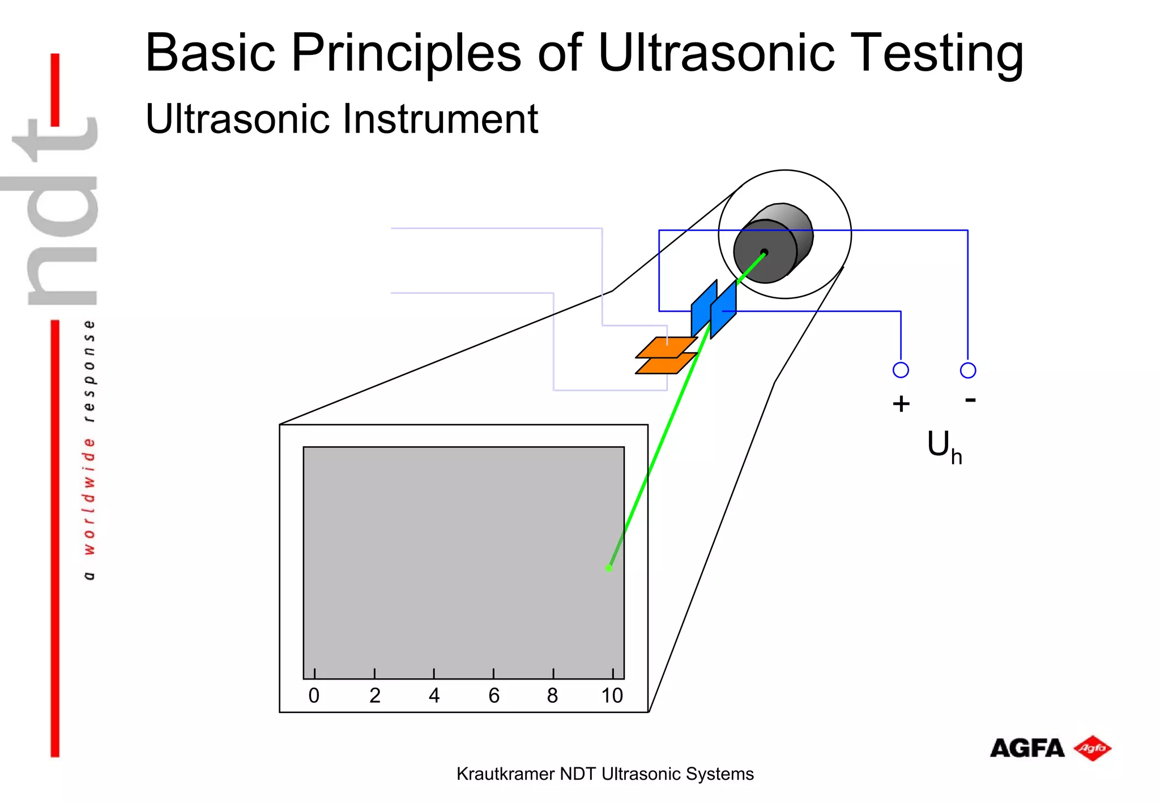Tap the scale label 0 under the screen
pyautogui.click(x=314, y=695)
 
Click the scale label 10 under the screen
pyautogui.click(x=612, y=695)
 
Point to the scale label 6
pyautogui.click(x=494, y=695)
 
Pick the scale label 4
pyautogui.click(x=434, y=695)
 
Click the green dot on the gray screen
pyautogui.click(x=609, y=568)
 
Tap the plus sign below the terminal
pyautogui.click(x=901, y=404)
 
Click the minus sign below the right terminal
pyautogui.click(x=970, y=400)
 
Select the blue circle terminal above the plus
pyautogui.click(x=901, y=370)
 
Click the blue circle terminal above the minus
pyautogui.click(x=968, y=370)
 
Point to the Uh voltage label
pyautogui.click(x=944, y=447)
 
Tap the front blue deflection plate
pyautogui.click(x=723, y=310)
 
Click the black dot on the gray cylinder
pyautogui.click(x=764, y=252)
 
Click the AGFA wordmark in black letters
pyautogui.click(x=1027, y=749)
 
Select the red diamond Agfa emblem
pyautogui.click(x=1093, y=748)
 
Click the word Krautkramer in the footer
pyautogui.click(x=505, y=774)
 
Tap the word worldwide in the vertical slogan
pyautogui.click(x=89, y=496)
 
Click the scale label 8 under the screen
pyautogui.click(x=553, y=695)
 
